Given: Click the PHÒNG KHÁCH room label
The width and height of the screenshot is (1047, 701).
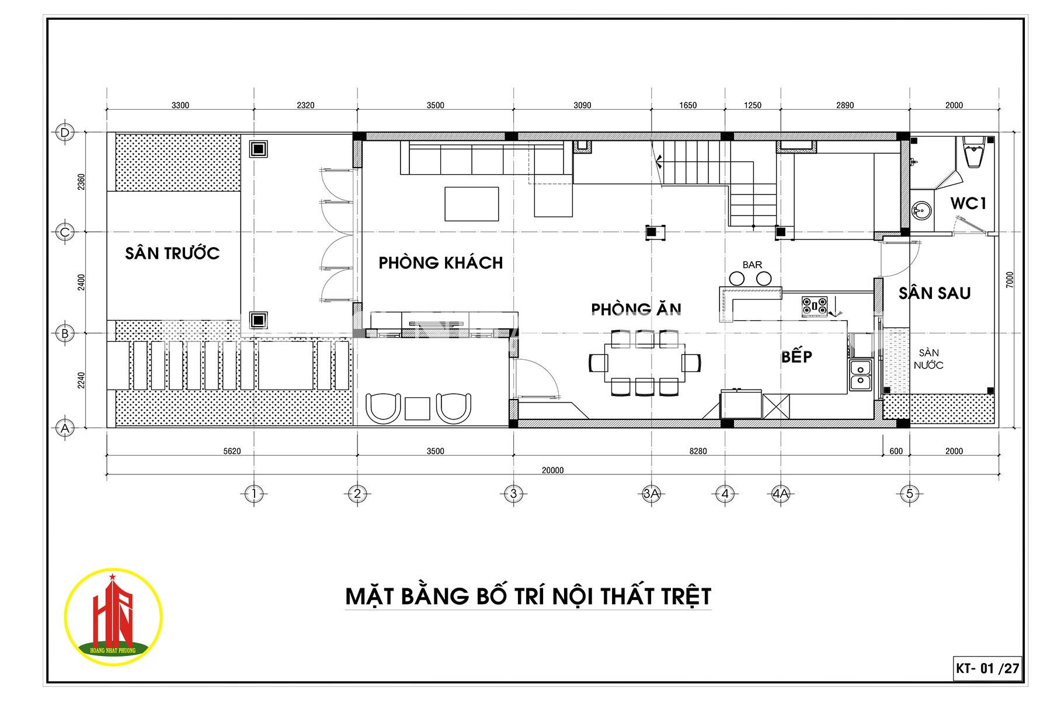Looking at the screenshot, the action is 441,263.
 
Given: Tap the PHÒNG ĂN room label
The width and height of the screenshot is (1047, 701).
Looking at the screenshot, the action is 636,308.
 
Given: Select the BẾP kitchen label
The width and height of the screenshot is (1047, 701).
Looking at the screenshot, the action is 796,356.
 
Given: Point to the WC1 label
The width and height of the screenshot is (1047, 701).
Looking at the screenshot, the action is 968,203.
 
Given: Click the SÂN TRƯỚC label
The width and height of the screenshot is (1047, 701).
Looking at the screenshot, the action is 172,253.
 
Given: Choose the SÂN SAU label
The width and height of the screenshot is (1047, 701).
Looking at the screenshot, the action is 934,293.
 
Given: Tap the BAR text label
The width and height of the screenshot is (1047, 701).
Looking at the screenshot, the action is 752,265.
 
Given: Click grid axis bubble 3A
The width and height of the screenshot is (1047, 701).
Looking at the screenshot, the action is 651,494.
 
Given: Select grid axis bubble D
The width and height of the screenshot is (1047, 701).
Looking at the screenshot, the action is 65,133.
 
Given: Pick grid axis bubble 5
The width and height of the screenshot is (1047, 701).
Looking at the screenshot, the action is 909,494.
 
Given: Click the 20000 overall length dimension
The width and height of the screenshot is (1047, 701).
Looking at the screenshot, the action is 552,470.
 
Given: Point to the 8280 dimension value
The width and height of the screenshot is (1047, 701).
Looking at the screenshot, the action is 698,451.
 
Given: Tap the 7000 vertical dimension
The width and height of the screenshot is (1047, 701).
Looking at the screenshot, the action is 1010,280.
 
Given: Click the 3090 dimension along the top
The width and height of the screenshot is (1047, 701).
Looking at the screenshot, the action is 582,105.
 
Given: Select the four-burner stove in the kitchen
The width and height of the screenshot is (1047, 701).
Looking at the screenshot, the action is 814,306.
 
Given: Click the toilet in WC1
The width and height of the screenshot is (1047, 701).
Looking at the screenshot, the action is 973,152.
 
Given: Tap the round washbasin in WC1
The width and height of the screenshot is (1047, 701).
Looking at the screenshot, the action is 921,210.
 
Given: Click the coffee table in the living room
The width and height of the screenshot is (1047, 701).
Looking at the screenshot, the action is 472,204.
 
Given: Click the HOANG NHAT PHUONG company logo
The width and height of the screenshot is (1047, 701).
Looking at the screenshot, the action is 113,617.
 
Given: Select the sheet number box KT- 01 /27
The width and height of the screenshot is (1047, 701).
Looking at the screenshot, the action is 987,668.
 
